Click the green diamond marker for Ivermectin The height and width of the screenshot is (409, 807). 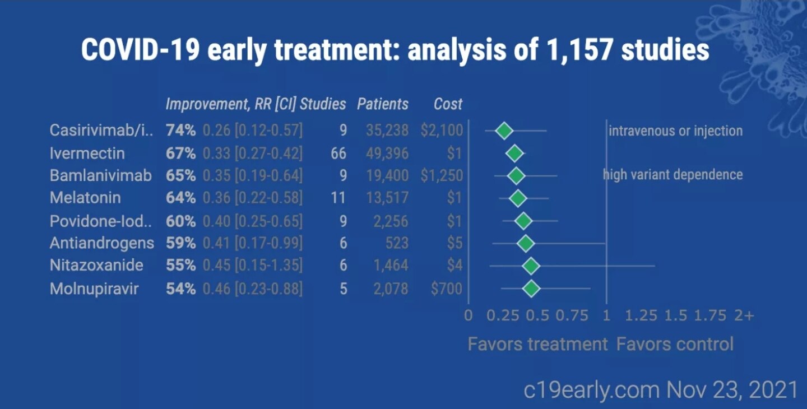514,154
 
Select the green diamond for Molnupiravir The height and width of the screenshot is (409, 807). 531,289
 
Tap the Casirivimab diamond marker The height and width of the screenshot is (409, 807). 504,131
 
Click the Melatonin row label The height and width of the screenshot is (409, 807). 85,198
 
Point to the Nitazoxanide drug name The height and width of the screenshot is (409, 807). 96,265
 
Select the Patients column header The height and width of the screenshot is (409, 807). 383,104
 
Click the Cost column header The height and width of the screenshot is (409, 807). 448,104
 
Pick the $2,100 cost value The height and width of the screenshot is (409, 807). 442,131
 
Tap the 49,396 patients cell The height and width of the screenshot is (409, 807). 387,153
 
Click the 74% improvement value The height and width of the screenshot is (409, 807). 180,131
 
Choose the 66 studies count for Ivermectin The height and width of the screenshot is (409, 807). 338,153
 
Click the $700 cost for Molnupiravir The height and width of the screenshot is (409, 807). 447,289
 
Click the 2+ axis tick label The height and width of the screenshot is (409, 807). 744,315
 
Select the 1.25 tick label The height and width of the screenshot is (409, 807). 641,315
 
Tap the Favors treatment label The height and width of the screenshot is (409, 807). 537,343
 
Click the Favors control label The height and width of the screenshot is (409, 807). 675,343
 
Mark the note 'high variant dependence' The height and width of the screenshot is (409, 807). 672,175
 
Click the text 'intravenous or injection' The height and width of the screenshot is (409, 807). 675,131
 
